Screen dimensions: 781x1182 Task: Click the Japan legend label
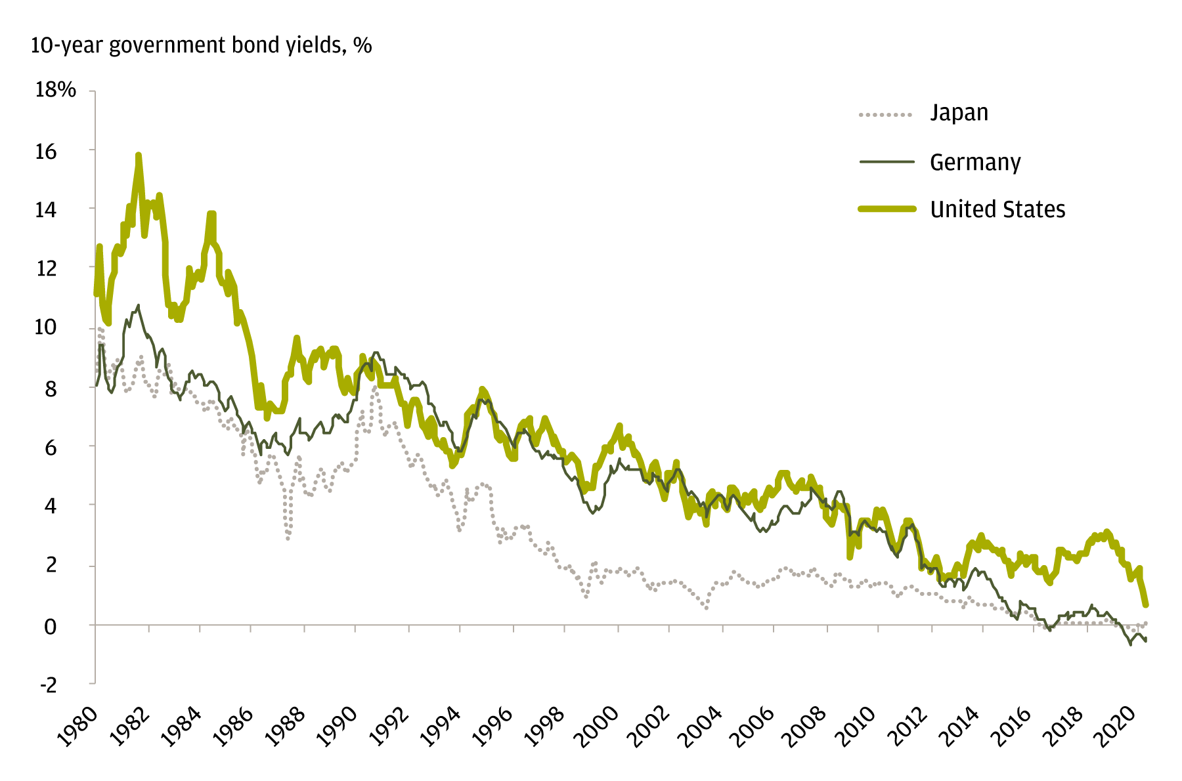(x=959, y=113)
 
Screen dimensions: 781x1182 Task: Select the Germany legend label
(x=975, y=162)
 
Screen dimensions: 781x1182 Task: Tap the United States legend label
(x=997, y=209)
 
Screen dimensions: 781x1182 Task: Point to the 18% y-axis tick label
(x=56, y=90)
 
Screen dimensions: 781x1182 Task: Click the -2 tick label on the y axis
(x=49, y=685)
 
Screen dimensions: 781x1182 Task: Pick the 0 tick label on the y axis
(x=50, y=626)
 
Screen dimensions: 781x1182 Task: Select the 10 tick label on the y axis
(x=45, y=327)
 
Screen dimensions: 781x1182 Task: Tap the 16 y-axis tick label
(x=45, y=152)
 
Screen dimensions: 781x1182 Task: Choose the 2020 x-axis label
(x=1116, y=727)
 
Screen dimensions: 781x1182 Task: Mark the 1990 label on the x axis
(x=337, y=727)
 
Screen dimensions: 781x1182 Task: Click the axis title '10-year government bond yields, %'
(x=201, y=45)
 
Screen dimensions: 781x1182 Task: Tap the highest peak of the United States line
(x=139, y=156)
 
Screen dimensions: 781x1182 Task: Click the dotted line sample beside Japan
(x=886, y=115)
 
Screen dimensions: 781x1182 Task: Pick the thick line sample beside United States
(x=887, y=209)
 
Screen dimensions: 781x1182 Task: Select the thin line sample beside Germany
(x=886, y=161)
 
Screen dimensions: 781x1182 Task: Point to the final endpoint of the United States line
(x=1146, y=604)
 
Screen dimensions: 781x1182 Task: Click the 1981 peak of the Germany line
(x=138, y=305)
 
